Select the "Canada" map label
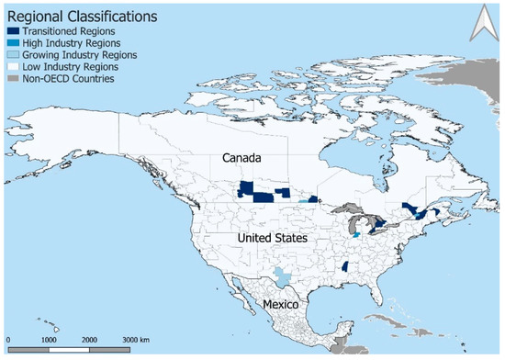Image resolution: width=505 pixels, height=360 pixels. coord(242,159)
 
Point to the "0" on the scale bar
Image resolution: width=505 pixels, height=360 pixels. coord(7,341)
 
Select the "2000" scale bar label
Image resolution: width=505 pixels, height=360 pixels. coord(88,341)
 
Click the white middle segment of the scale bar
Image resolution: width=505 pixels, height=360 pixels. coord(68,349)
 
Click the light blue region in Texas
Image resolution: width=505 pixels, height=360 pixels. coord(285,276)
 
